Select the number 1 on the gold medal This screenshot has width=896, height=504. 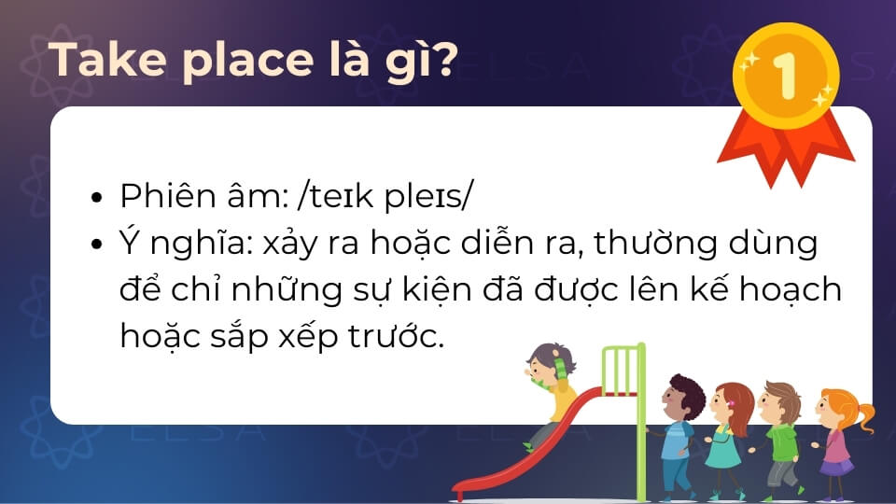(x=785, y=76)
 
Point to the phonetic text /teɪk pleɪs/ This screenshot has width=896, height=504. (x=385, y=196)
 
